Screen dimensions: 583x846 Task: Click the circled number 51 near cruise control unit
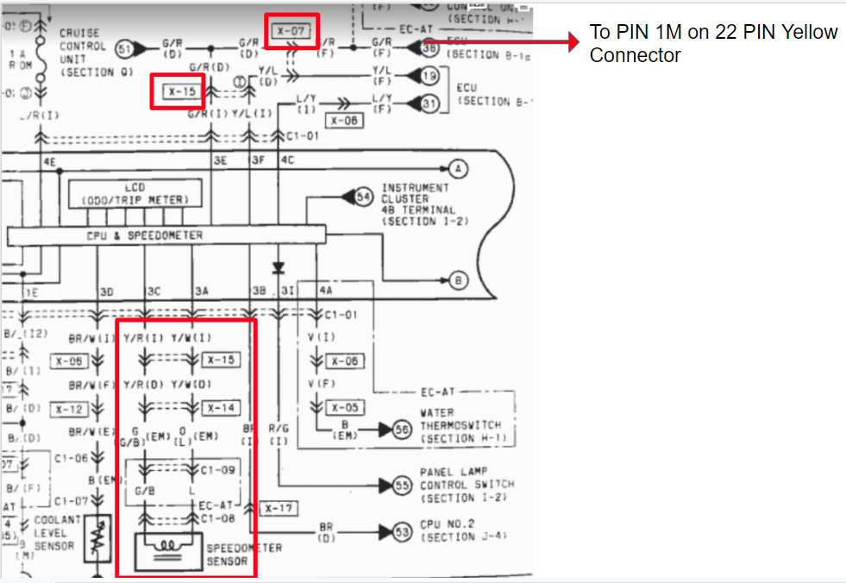pyautogui.click(x=124, y=48)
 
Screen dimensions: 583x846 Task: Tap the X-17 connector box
pyautogui.click(x=278, y=509)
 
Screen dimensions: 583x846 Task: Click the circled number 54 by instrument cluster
pyautogui.click(x=364, y=198)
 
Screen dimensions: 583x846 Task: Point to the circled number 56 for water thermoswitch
pyautogui.click(x=402, y=429)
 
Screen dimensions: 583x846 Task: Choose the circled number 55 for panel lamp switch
pyautogui.click(x=402, y=486)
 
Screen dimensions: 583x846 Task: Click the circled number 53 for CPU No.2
pyautogui.click(x=402, y=531)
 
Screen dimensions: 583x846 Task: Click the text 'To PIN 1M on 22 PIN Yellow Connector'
pyautogui.click(x=713, y=44)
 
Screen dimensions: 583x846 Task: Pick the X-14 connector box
pyautogui.click(x=222, y=407)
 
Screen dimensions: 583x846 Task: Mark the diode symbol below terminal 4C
pyautogui.click(x=278, y=266)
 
